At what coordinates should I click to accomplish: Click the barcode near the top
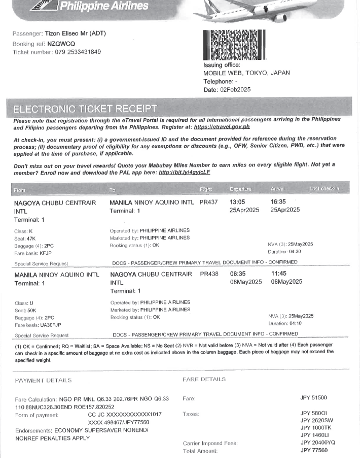coord(234,46)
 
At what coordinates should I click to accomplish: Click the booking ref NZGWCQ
coord(61,44)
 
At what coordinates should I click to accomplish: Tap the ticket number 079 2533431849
coord(78,52)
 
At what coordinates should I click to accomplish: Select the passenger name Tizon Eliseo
coord(67,34)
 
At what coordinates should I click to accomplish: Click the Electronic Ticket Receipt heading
coord(85,109)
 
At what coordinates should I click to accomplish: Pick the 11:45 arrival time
coord(279,274)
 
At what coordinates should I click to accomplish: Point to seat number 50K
coord(31,310)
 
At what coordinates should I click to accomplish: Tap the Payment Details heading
coord(43,380)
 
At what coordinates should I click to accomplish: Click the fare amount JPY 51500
coord(313,398)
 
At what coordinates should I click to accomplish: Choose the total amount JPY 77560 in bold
coord(313,450)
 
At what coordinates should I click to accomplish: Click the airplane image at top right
coord(274,10)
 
